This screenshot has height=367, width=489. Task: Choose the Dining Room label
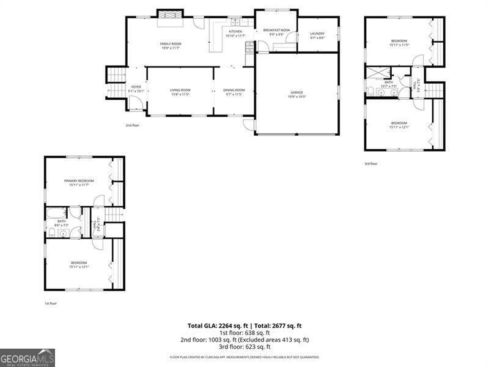tap(234, 92)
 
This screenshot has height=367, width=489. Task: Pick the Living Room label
tap(180, 92)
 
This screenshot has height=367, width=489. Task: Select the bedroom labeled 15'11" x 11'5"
tap(399, 43)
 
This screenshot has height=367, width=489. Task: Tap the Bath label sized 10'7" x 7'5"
tap(389, 84)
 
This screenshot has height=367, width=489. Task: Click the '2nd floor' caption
tap(133, 125)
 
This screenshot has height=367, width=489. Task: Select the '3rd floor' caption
tap(371, 163)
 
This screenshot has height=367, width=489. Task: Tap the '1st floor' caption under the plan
tap(50, 303)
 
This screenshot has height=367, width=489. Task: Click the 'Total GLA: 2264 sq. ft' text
tap(217, 326)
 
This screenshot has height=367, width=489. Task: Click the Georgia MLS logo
tap(28, 357)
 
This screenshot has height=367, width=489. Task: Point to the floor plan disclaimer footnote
tap(244, 357)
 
